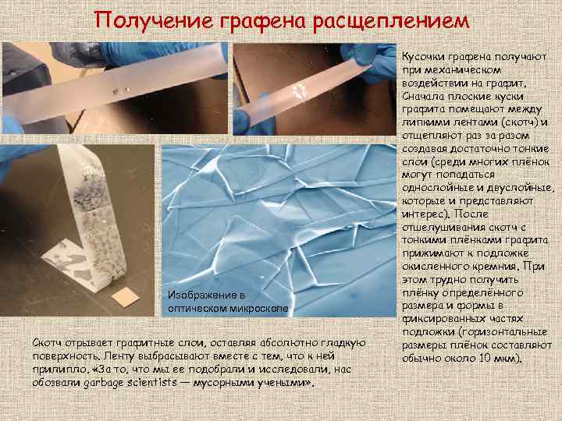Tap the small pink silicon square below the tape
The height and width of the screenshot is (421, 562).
(125, 297)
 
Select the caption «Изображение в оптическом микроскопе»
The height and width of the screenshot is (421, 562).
(228, 302)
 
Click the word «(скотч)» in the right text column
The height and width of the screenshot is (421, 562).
(518, 122)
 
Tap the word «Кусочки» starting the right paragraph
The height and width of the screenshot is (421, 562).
(427, 57)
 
